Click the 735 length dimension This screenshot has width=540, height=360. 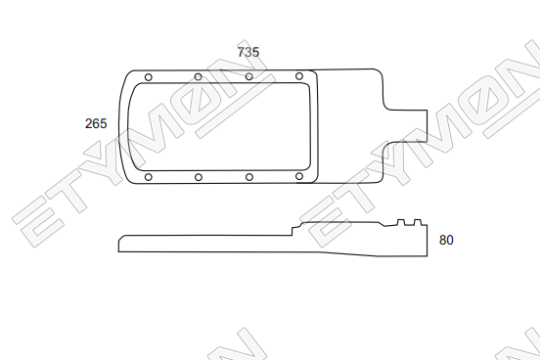pyautogui.click(x=247, y=52)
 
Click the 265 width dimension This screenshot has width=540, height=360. pyautogui.click(x=96, y=123)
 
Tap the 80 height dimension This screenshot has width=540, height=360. pyautogui.click(x=446, y=240)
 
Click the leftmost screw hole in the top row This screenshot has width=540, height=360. pyautogui.click(x=149, y=77)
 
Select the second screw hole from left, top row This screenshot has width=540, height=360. pyautogui.click(x=198, y=77)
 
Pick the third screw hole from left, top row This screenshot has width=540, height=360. pyautogui.click(x=249, y=76)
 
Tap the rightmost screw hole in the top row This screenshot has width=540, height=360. pyautogui.click(x=299, y=76)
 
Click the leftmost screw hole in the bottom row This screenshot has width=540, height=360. pyautogui.click(x=149, y=177)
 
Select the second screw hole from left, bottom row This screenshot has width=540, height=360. pyautogui.click(x=199, y=177)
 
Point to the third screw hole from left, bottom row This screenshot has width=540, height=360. pyautogui.click(x=249, y=177)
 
